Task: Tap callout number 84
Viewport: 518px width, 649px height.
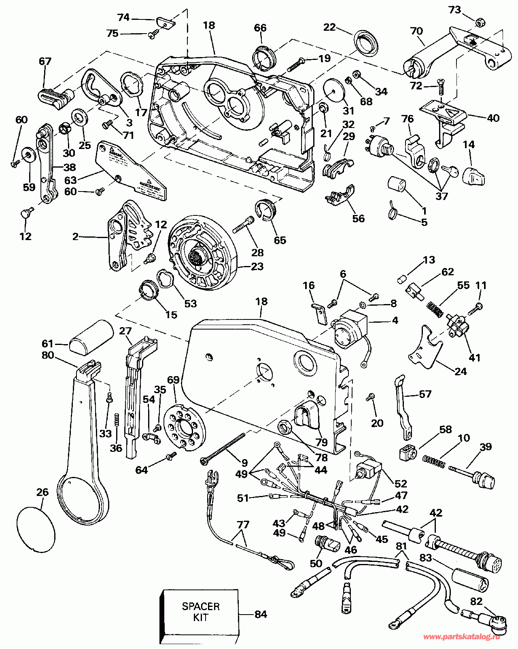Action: coord(261,614)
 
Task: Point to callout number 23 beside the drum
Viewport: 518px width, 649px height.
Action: coord(257,266)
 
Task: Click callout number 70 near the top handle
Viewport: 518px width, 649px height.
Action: coord(416,31)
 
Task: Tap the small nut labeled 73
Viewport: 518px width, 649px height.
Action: coord(478,23)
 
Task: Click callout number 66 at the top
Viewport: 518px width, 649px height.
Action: coord(260,28)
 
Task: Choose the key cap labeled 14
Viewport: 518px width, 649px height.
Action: coord(474,175)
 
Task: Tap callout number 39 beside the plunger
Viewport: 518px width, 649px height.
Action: coord(486,447)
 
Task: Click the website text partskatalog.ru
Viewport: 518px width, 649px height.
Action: coord(461,637)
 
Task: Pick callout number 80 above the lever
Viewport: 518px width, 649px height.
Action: coord(48,355)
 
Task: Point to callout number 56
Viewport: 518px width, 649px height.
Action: coord(358,218)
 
